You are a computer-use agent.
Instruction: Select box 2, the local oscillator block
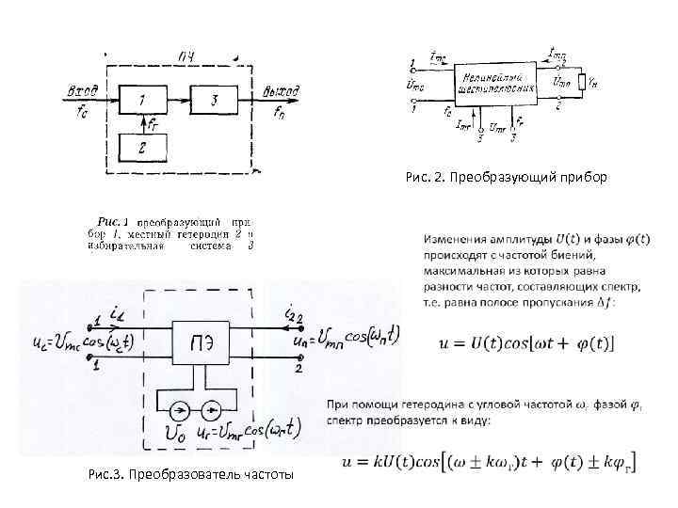click(x=141, y=148)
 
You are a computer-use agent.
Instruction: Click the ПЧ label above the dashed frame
click(x=186, y=59)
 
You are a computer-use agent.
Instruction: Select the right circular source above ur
click(x=215, y=411)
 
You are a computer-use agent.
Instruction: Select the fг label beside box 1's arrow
click(x=153, y=122)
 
